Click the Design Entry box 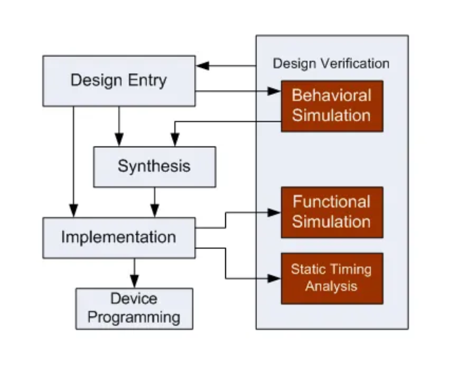(x=119, y=80)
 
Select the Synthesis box (x=154, y=167)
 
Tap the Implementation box (x=118, y=237)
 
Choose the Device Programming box (x=134, y=308)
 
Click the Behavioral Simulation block (x=332, y=106)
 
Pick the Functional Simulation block (x=332, y=212)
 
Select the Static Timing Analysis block (x=332, y=277)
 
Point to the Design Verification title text (x=331, y=63)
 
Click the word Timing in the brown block (x=352, y=269)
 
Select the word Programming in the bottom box (x=134, y=317)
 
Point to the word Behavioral (x=332, y=96)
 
